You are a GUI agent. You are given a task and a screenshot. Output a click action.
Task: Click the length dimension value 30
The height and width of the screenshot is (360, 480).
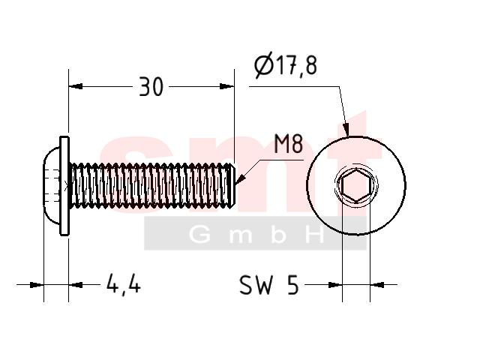pyautogui.click(x=151, y=87)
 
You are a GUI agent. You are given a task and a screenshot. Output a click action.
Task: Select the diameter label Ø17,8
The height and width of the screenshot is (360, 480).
pyautogui.click(x=286, y=65)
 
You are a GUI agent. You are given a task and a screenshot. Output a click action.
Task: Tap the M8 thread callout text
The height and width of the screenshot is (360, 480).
pyautogui.click(x=288, y=143)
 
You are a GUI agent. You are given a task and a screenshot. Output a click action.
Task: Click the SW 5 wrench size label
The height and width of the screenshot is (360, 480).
pyautogui.click(x=268, y=285)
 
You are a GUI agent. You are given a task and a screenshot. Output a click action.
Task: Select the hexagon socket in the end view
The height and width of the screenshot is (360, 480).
pyautogui.click(x=355, y=185)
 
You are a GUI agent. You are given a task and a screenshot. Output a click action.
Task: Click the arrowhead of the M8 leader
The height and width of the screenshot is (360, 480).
pyautogui.click(x=240, y=180)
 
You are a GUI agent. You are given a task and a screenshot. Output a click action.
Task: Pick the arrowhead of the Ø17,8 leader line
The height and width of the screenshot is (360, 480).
pyautogui.click(x=346, y=130)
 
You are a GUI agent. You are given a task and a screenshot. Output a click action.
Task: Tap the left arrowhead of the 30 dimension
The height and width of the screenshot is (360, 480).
pyautogui.click(x=76, y=86)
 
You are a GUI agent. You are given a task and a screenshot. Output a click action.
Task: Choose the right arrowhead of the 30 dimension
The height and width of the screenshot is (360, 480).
pyautogui.click(x=227, y=86)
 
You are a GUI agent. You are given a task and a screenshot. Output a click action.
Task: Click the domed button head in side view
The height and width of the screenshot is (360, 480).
pyautogui.click(x=52, y=185)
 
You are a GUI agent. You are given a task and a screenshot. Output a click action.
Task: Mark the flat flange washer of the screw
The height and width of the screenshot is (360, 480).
pyautogui.click(x=64, y=186)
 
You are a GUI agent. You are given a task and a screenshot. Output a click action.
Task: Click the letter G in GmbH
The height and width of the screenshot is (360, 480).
pyautogui.click(x=200, y=235)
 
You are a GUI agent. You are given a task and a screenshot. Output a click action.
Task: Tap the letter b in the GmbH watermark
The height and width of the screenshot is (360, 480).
pyautogui.click(x=278, y=235)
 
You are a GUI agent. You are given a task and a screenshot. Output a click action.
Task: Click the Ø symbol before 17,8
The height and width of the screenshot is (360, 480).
pyautogui.click(x=263, y=65)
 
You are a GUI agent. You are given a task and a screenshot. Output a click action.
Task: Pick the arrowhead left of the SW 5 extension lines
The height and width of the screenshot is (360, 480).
pyautogui.click(x=335, y=285)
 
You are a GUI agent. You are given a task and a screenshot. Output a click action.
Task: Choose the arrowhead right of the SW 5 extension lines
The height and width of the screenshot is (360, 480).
pyautogui.click(x=377, y=285)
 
